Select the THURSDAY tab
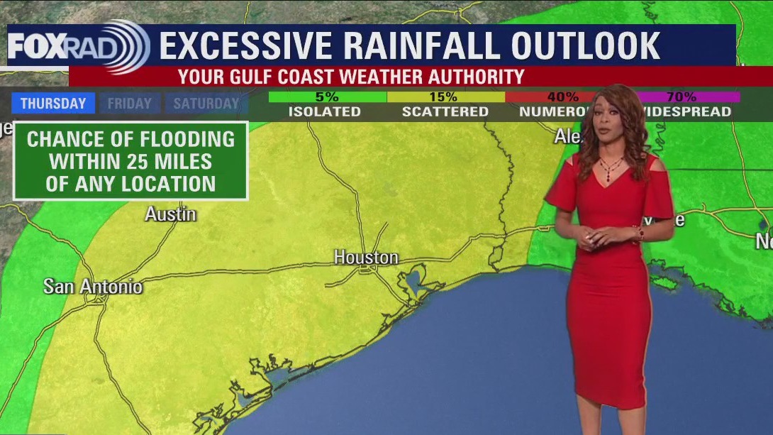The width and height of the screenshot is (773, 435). (52, 104)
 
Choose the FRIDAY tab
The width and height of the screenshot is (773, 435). (129, 104)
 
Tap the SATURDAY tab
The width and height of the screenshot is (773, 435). (206, 104)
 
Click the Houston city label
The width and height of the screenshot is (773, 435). (366, 258)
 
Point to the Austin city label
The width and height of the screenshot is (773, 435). (170, 214)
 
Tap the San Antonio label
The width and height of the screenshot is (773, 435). (93, 287)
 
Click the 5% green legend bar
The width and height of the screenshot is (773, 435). (328, 97)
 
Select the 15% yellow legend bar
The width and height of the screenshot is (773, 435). (445, 97)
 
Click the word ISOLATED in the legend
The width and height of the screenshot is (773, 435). (324, 112)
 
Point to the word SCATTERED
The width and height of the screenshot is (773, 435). (445, 112)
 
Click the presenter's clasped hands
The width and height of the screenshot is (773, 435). (594, 239)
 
